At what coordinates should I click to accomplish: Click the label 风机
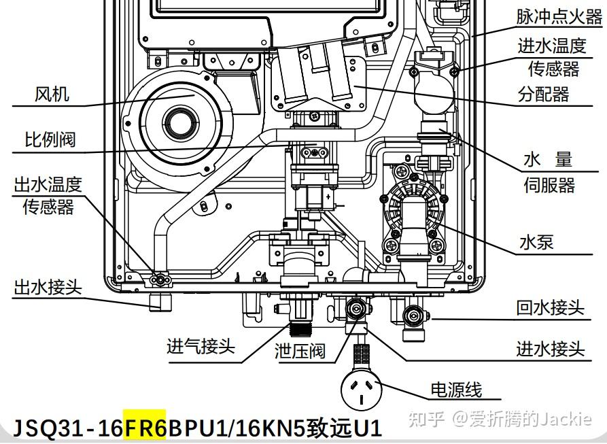[52, 94]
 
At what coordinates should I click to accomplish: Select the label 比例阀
[50, 140]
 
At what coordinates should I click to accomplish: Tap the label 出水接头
[48, 287]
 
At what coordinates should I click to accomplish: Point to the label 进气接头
[201, 345]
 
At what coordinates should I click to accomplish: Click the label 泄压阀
[300, 351]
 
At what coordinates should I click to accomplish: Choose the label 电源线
[457, 390]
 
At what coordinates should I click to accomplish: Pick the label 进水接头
[551, 349]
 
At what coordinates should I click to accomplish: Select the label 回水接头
[551, 308]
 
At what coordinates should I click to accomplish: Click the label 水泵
[537, 243]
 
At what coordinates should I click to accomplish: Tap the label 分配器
[544, 94]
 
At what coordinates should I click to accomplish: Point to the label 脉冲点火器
[559, 17]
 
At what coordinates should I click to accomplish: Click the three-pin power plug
[361, 390]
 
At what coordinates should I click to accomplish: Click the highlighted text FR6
[145, 428]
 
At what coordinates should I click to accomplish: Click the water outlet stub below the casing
[160, 302]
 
